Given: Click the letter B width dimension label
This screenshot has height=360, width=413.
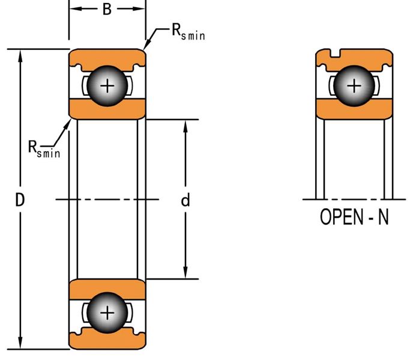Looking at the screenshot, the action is pos(107,10).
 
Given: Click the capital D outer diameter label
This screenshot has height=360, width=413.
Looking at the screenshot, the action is pos(20,200).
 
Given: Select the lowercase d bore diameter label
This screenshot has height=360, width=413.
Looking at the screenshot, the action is pos(185,200).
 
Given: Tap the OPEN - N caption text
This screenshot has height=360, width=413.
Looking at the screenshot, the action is pos(354,217).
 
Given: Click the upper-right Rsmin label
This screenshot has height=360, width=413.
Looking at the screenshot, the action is pos(188,32).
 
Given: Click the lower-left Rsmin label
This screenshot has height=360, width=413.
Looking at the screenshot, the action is pos(44,149).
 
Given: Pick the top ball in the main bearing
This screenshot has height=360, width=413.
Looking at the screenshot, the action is pos(107,86).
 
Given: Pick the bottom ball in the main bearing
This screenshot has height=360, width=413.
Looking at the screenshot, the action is pos(107,313).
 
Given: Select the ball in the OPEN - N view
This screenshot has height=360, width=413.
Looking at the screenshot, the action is pos(354,86).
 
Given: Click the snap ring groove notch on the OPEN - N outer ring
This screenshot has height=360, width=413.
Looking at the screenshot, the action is pos(335,53).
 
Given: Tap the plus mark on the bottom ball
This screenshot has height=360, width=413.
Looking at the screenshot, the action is pos(107,313).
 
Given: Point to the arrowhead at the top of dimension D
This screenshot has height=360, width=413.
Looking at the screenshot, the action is pos(20,56).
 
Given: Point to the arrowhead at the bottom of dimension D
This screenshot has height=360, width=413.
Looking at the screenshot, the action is pos(20,343).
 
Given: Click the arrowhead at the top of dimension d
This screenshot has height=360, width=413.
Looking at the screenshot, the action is pos(185,127).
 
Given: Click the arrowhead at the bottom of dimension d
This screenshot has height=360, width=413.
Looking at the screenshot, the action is pos(185,272).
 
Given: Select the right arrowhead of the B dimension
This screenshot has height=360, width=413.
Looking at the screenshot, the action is pos(139,9).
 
